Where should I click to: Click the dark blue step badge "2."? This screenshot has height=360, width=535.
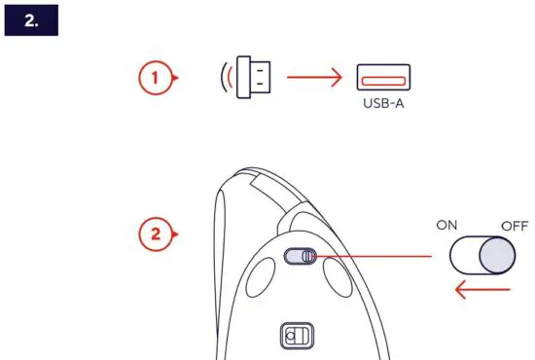[x=32, y=18]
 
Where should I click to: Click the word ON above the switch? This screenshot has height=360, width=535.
[x=446, y=226]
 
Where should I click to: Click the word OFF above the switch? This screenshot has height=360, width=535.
[x=514, y=226]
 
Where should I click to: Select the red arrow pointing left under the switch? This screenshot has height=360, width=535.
[x=482, y=290]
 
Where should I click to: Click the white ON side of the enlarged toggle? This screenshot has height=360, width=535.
[x=465, y=256]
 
